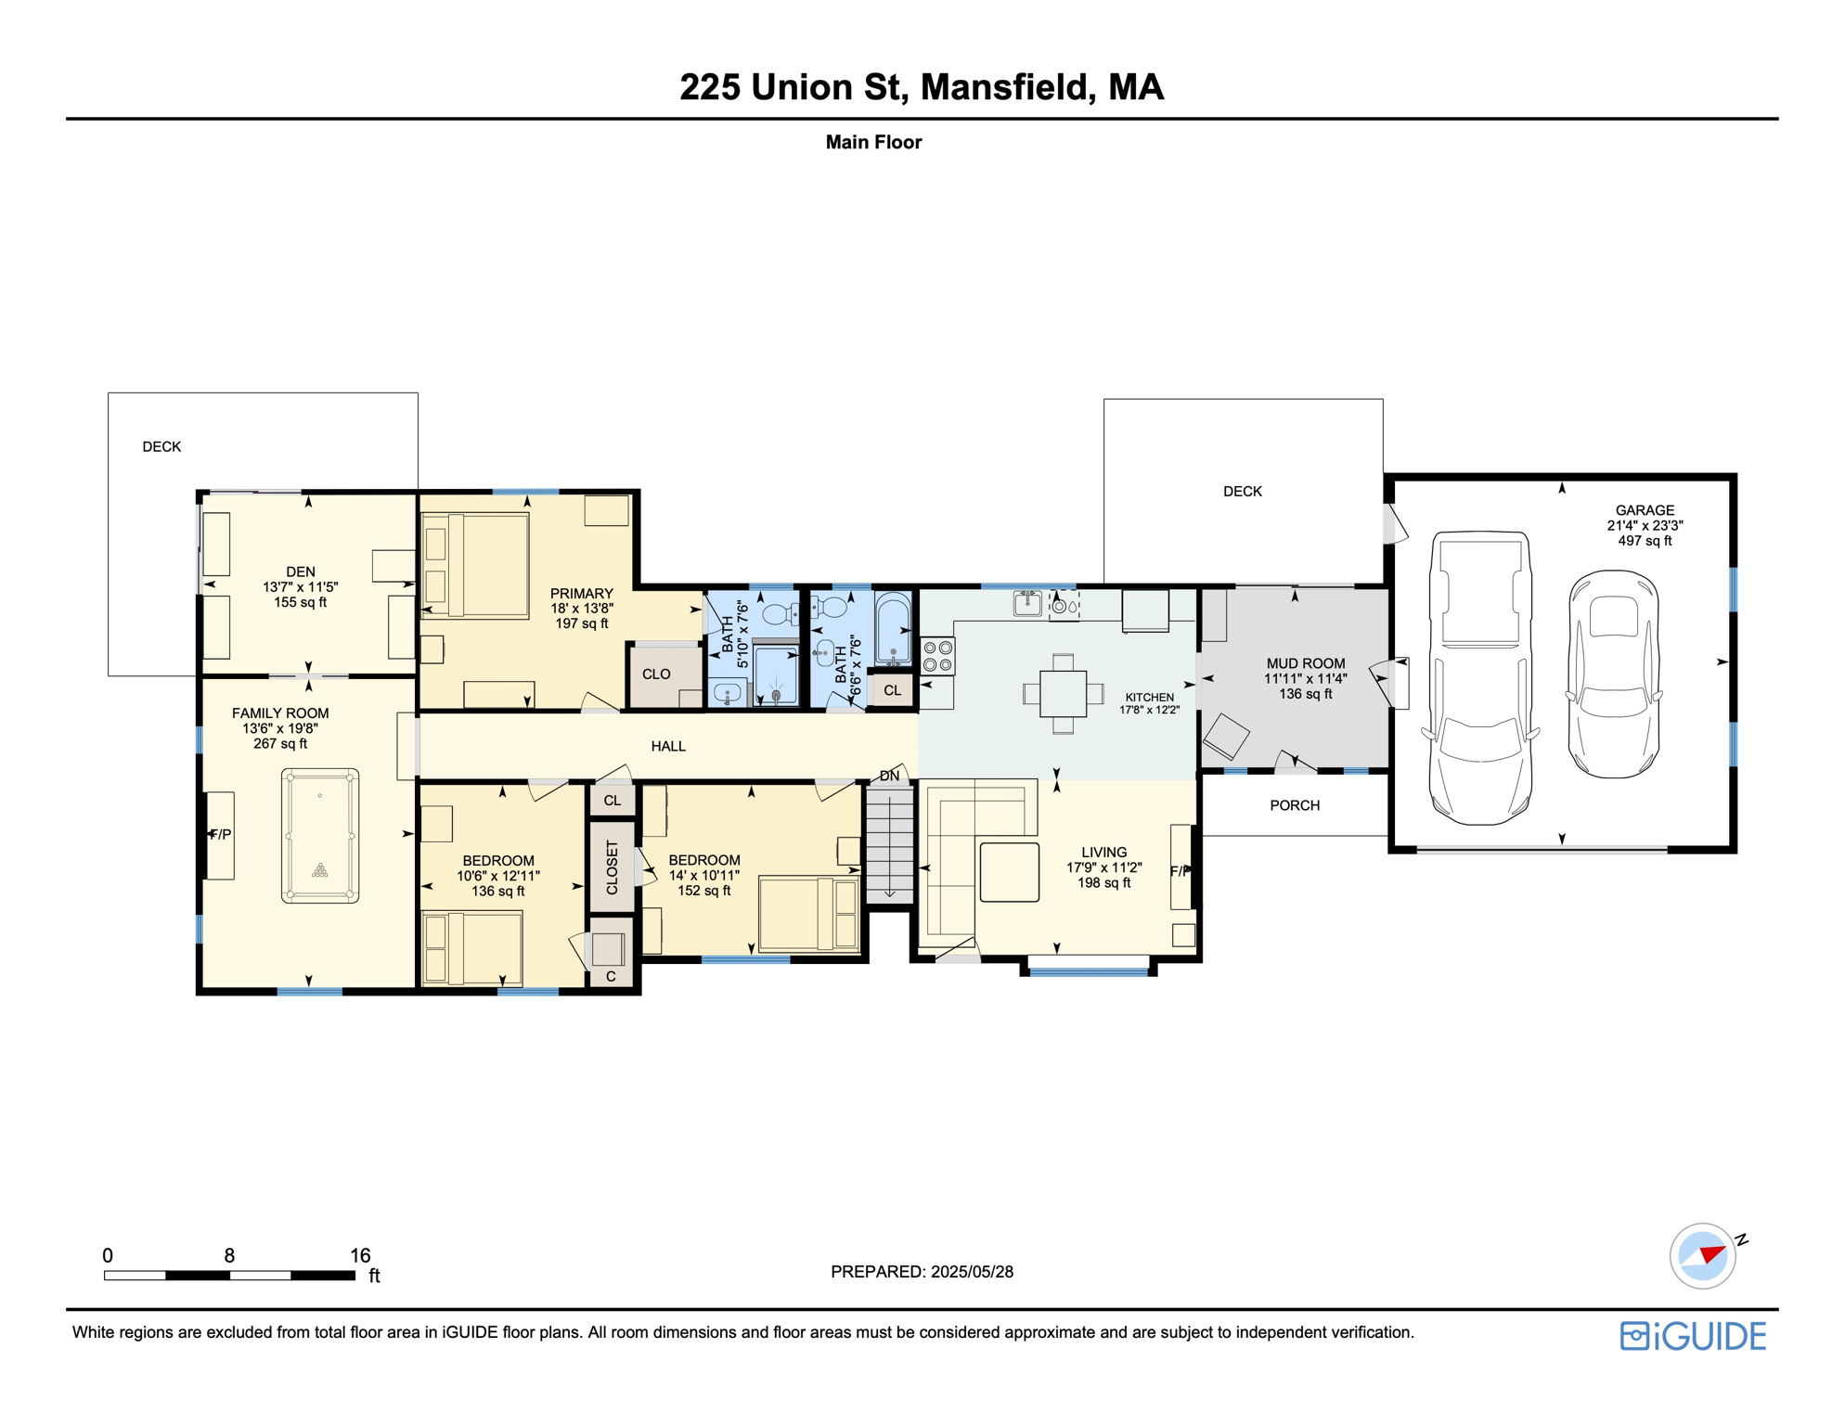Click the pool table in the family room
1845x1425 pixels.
pos(320,836)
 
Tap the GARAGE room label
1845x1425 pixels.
pos(1645,510)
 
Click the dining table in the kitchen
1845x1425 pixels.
pos(1063,693)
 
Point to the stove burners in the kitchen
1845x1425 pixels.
pos(937,656)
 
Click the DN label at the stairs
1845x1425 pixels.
pos(889,776)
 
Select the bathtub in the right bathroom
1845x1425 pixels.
pos(893,629)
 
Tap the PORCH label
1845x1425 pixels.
pos(1295,805)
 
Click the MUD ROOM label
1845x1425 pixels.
pos(1305,663)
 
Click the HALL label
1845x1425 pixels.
pos(668,746)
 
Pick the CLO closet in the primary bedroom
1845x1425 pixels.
pos(656,674)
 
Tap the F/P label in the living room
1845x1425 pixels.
pos(1179,871)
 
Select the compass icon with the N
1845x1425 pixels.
pos(1703,1256)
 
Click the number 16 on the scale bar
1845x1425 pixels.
pos(360,1255)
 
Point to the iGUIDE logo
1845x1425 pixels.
pos(1693,1336)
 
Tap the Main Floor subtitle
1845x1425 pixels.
pos(873,142)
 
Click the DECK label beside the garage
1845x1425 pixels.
pos(1242,492)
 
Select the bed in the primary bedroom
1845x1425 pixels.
pos(476,565)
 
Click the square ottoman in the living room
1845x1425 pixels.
pos(1009,872)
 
